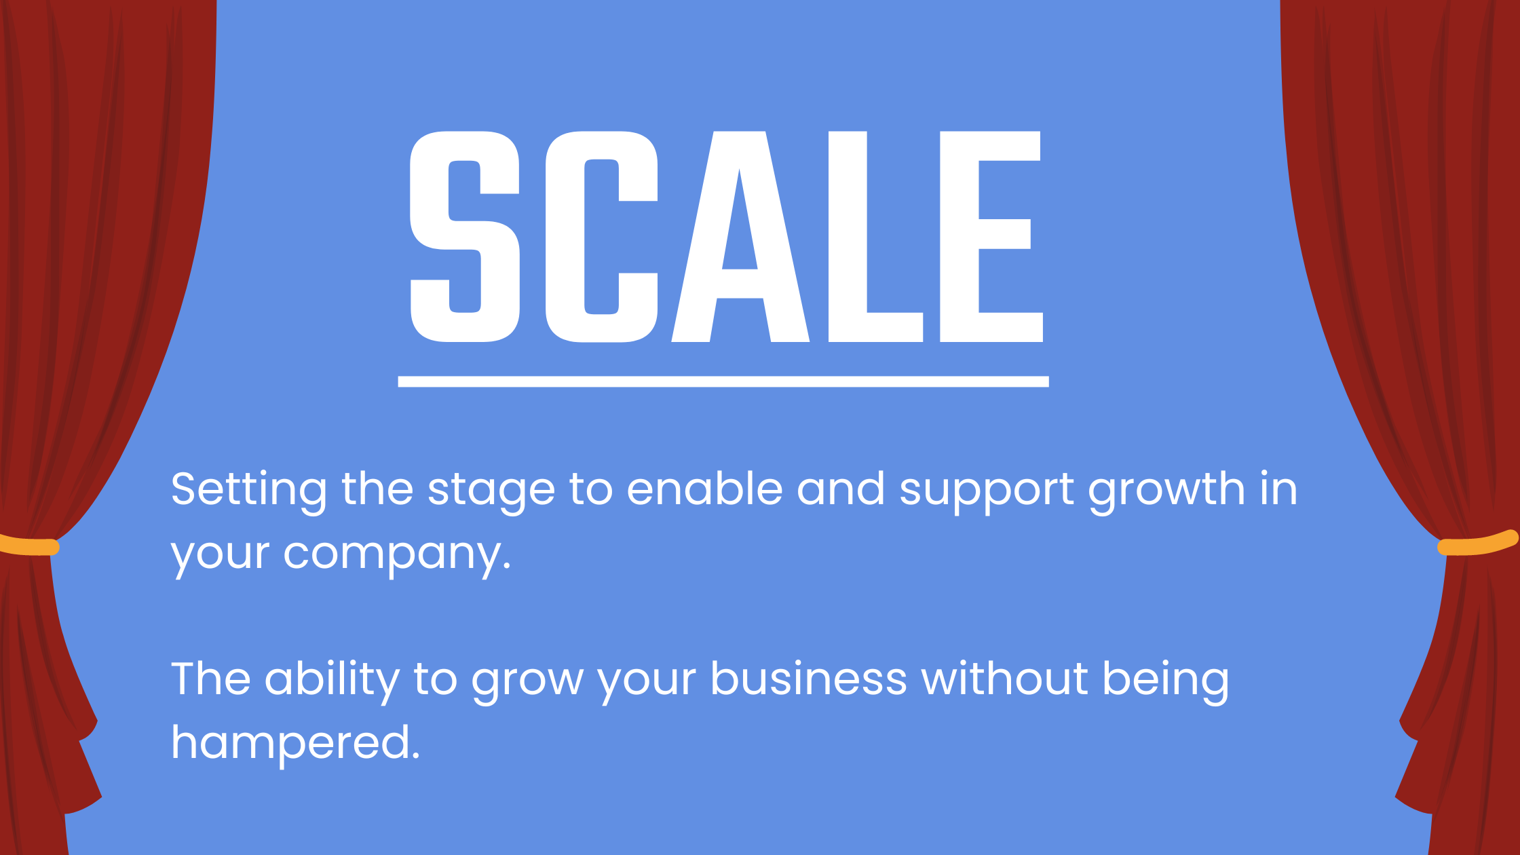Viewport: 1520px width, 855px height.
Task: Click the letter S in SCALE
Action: pos(465,236)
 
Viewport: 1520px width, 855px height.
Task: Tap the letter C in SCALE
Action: pos(602,236)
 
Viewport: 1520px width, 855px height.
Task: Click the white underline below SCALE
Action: pos(723,381)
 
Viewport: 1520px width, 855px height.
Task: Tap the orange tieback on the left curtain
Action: pos(28,546)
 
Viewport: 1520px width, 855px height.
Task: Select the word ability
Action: pos(332,681)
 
